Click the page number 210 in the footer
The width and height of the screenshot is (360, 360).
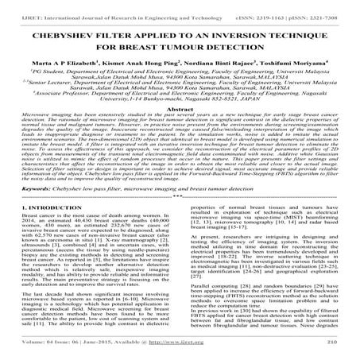pyautogui.click(x=343, y=352)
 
